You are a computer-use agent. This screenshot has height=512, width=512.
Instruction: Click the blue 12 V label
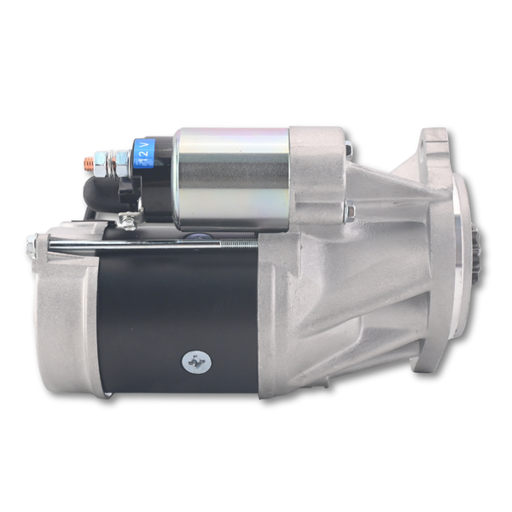144,153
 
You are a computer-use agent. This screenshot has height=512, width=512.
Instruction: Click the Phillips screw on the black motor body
196,362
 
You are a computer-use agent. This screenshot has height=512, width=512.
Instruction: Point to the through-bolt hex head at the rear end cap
32,246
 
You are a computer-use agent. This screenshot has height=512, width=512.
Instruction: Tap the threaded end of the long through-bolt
239,242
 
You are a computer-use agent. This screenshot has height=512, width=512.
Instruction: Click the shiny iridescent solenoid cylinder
232,179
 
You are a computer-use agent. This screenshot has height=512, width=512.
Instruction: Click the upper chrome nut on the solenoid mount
349,148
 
